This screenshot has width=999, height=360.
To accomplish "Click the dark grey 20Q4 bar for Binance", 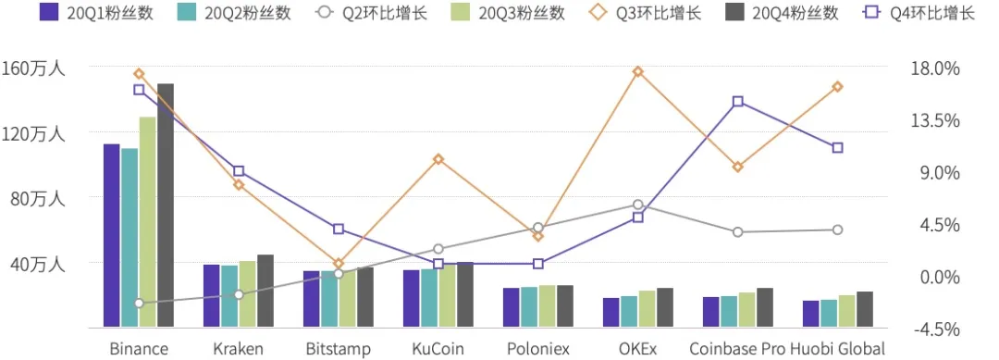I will point(165,205).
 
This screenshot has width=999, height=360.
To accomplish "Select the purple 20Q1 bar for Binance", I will point(111,235).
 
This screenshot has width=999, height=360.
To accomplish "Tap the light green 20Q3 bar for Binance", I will point(147,222).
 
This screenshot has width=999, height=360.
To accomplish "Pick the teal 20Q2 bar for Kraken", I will point(228,296).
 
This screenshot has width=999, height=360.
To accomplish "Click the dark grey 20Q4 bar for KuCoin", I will point(465,294).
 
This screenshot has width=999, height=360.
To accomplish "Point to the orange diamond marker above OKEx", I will point(638,72).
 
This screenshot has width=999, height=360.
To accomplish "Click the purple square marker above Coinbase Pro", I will point(737,102).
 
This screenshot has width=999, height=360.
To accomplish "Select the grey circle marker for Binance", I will point(139,304).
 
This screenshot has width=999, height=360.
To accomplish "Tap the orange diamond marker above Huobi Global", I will point(837,87).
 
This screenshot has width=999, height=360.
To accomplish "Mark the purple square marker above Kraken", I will point(239,171).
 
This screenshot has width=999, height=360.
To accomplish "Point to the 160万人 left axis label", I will point(32,68).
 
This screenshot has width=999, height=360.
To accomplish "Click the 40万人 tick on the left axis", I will point(35,264).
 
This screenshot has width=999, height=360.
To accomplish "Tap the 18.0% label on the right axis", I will point(936,68).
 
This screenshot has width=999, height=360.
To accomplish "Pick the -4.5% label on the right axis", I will point(936,329).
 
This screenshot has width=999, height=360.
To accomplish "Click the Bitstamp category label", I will point(338,349).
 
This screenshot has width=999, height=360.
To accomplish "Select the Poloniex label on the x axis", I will point(537,349).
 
